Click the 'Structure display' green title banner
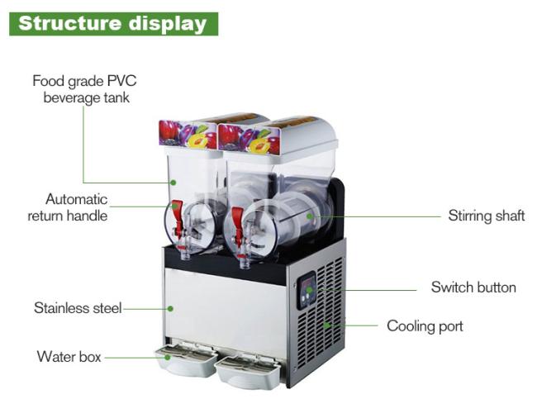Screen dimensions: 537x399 tap(113, 24)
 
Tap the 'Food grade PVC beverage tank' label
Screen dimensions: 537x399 tap(84, 89)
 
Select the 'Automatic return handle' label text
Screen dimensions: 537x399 tap(68, 207)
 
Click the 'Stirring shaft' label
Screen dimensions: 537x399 tap(487, 216)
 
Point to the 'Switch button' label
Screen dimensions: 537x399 tap(473, 287)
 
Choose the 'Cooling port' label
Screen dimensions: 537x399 tap(425, 326)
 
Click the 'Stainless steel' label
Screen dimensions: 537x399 tap(78, 308)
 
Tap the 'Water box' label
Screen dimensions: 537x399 tap(69, 357)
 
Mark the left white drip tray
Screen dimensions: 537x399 tap(186, 361)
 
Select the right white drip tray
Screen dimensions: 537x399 tap(247, 373)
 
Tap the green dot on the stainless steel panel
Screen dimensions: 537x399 tap(170, 309)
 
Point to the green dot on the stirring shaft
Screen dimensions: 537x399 tap(310, 216)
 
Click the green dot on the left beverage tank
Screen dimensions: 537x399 tap(173, 183)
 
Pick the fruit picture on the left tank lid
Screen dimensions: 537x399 tap(188, 134)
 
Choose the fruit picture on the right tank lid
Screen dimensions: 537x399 tap(249, 139)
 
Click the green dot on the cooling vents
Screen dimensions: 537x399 tap(327, 325)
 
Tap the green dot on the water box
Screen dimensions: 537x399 tap(168, 357)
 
